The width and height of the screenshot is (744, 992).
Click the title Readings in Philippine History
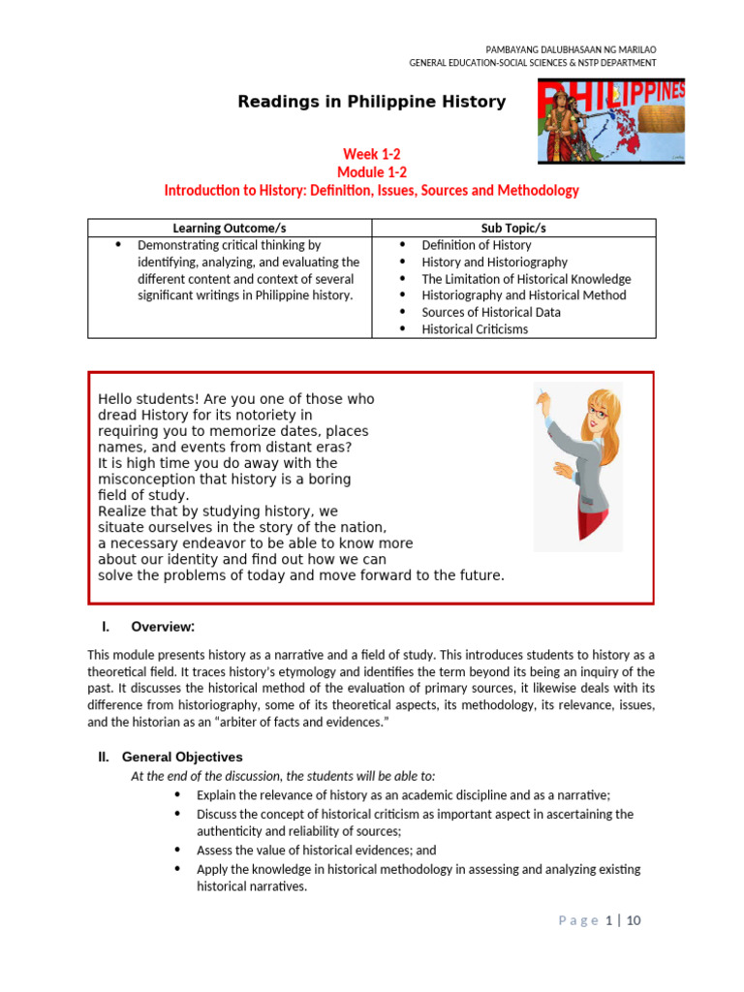(372, 102)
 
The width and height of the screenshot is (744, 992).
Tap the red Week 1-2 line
(372, 154)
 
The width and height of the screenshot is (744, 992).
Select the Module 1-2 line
(372, 171)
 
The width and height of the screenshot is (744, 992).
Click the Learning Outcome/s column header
(230, 228)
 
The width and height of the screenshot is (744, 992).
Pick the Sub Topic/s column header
(514, 228)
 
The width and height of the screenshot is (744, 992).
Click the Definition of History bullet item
(477, 245)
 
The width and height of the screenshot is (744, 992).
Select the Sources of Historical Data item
(491, 312)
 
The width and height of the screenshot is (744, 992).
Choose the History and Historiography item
(495, 262)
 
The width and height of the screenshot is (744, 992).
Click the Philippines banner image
(611, 120)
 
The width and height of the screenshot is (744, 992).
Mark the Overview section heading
(163, 626)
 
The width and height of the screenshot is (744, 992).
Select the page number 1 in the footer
(608, 920)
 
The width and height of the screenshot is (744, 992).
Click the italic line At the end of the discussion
(283, 776)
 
